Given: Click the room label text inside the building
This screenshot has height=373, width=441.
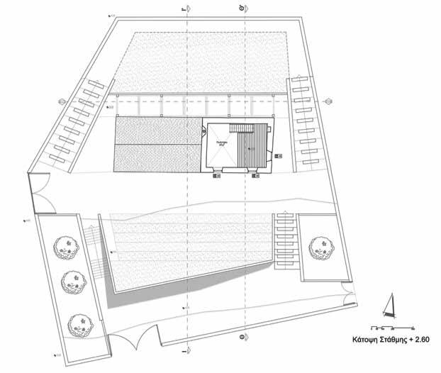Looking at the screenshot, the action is (221, 143).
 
